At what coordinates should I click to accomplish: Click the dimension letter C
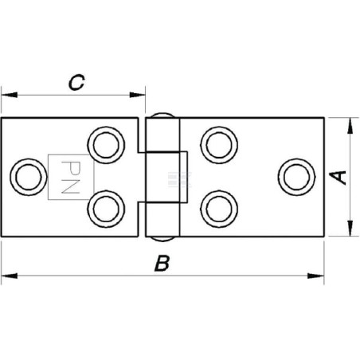pos(76,82)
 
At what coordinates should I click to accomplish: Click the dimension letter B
pos(162,263)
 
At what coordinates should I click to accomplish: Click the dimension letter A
pos(338,178)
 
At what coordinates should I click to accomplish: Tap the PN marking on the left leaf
pos(70,177)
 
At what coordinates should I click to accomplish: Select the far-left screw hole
pos(29,177)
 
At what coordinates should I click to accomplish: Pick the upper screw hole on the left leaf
pos(106,145)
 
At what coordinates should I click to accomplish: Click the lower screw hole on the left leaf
pos(106,209)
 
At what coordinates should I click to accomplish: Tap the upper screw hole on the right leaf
pos(219,145)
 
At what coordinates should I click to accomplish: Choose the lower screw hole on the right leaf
pos(219,209)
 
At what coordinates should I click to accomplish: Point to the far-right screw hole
pos(296,177)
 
